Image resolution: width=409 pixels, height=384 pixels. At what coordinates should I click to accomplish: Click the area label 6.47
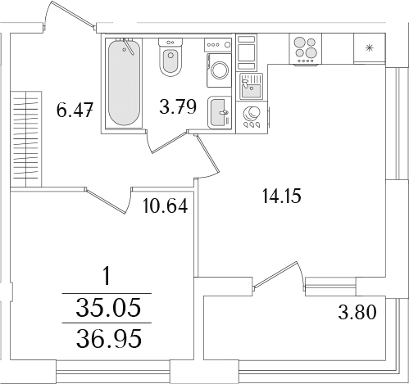tap(75, 110)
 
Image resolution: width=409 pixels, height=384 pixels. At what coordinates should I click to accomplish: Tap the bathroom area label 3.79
tap(178, 106)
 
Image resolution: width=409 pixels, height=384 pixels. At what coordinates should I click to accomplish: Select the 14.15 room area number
tap(281, 197)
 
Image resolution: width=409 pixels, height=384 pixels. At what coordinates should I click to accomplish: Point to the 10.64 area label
tap(166, 206)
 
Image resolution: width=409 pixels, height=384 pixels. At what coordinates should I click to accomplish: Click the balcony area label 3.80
tap(357, 312)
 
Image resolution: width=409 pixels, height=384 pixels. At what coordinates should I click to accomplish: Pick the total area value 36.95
tap(109, 338)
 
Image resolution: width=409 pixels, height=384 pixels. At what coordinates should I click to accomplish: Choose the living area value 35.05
tap(108, 307)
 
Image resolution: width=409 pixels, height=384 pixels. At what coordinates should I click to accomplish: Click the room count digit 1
tap(107, 276)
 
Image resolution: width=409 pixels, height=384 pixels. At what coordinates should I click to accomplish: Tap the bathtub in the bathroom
tap(124, 83)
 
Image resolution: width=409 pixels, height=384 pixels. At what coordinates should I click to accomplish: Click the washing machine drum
tap(219, 70)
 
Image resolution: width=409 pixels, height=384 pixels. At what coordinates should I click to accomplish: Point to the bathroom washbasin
tap(220, 112)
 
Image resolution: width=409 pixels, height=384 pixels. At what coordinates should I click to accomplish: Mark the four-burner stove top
tap(306, 49)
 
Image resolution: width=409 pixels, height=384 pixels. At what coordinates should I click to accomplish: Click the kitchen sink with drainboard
tap(251, 86)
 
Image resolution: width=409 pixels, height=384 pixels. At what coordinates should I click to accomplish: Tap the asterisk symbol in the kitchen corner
tap(369, 48)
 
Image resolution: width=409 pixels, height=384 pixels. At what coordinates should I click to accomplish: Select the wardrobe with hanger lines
tap(26, 139)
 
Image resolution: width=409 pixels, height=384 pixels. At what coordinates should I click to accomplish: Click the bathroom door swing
tap(166, 142)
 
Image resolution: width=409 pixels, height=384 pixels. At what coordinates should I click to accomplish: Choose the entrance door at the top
tap(70, 14)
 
